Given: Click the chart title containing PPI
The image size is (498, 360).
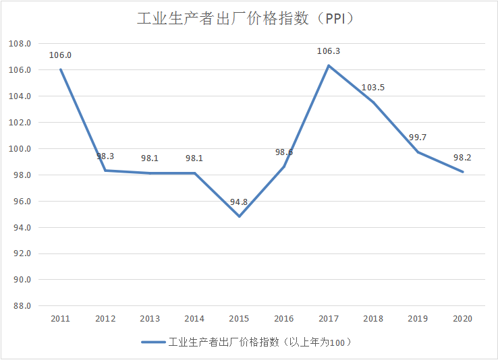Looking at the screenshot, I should (246, 19).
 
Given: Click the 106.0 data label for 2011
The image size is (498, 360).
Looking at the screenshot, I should (60, 55).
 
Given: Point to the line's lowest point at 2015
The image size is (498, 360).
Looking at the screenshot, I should (239, 216).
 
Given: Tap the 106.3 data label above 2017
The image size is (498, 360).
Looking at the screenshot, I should (329, 51).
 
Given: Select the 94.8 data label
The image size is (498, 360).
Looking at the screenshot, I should (239, 202).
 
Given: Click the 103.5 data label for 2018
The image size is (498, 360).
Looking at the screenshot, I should (373, 88).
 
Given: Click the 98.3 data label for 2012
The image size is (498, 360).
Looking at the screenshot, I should (105, 156).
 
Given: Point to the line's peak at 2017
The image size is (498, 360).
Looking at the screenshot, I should (329, 65).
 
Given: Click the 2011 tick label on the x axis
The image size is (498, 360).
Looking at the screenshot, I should (60, 319).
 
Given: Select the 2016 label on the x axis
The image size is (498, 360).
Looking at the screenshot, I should (283, 319).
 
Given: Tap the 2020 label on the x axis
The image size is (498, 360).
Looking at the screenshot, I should (462, 319).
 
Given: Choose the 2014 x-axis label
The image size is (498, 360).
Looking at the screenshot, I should (194, 319).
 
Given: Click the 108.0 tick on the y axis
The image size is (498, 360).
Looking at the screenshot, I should (20, 44).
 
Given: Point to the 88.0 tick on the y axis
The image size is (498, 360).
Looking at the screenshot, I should (20, 306).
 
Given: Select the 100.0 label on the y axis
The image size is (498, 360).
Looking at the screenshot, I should (20, 149).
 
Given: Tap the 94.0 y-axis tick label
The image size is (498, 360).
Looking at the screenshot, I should (20, 228).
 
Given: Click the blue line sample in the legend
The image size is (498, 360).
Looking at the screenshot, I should (153, 342).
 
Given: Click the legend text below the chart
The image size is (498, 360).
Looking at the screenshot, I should (260, 342).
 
